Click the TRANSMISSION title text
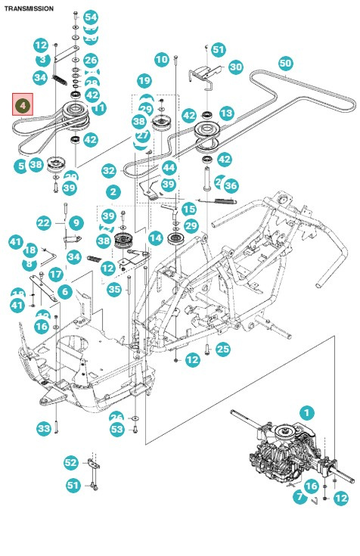[29, 8]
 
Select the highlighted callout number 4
[23, 104]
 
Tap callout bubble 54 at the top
[90, 17]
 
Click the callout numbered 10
[161, 59]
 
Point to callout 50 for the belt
[285, 63]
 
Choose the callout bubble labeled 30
[236, 67]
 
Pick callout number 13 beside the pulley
[226, 113]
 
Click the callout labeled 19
[144, 80]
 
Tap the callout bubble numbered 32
[109, 171]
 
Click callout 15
[189, 209]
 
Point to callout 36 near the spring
[231, 185]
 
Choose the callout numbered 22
[43, 222]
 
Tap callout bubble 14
[155, 238]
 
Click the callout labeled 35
[114, 288]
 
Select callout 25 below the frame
[222, 349]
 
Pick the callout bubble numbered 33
[43, 429]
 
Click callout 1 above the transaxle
[306, 412]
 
